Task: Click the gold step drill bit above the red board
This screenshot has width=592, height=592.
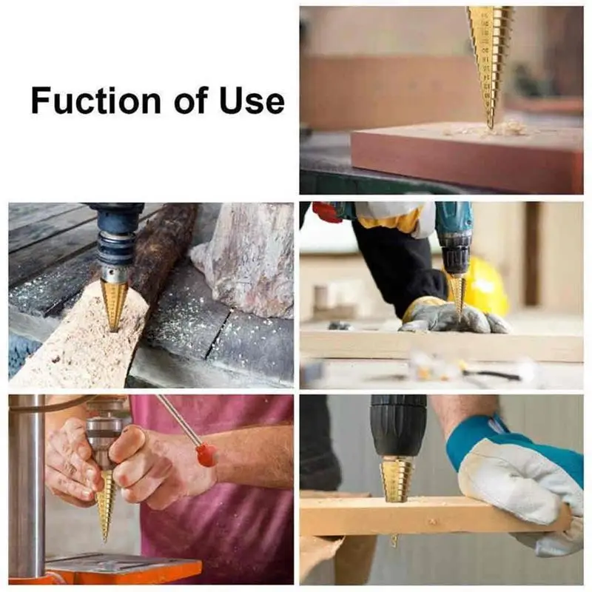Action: click(489, 59)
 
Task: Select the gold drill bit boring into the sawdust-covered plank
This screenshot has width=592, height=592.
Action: click(114, 303)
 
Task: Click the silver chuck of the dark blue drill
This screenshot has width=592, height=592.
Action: click(114, 262)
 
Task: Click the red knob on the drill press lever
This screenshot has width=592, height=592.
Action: click(206, 454)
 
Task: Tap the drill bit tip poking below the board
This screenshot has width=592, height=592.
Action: click(394, 541)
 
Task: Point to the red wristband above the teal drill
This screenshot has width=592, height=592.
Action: click(326, 212)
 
